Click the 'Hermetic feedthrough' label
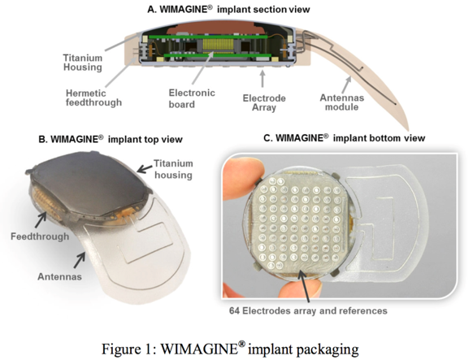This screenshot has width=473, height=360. (x=93, y=98)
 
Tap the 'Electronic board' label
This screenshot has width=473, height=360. (x=192, y=98)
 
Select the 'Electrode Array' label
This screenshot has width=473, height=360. (x=264, y=103)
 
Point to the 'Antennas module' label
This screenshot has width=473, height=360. (x=342, y=102)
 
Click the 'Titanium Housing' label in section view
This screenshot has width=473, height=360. (x=83, y=63)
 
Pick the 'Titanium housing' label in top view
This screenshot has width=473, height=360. (x=173, y=169)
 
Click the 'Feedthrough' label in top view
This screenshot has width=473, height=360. (x=40, y=236)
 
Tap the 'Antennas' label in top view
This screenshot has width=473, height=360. (x=59, y=276)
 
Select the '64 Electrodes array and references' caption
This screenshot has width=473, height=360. (x=308, y=310)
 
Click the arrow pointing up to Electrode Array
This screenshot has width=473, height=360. (x=263, y=78)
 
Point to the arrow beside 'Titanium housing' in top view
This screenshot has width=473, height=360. (x=145, y=169)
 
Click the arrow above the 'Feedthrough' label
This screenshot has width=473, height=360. (x=41, y=219)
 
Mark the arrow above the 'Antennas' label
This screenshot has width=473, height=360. (x=80, y=260)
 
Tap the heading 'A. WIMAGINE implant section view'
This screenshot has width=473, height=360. (x=228, y=10)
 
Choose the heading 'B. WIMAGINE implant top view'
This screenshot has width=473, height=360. (x=111, y=139)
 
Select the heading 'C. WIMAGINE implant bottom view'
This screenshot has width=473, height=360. (x=345, y=138)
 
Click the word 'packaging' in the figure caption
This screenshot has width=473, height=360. (x=328, y=349)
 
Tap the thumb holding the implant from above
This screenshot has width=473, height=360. (x=241, y=178)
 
